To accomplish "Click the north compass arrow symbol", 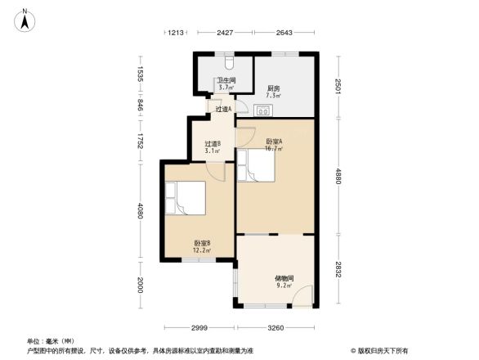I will coord(25,19).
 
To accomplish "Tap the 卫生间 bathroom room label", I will coord(226,83).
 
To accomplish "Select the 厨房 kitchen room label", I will coord(273,92).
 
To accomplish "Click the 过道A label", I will coord(222,109).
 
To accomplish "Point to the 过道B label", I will coord(213,147).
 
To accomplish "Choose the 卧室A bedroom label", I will coord(274,146).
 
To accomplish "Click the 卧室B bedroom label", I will coord(203,246).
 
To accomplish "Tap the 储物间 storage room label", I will coord(284,281).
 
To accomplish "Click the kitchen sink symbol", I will coord(267,110).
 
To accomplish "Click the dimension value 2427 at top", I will coord(225,33).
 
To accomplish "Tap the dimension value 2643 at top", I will coord(284,33).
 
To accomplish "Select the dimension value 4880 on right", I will coord(336,177).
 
